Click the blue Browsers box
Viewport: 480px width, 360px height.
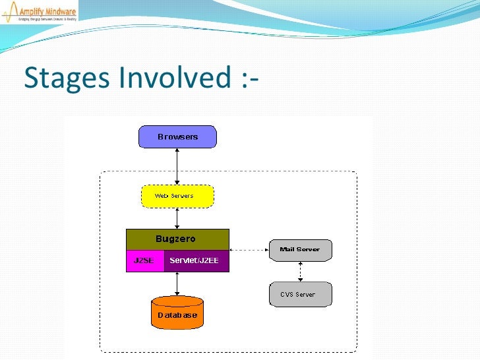tap(177, 137)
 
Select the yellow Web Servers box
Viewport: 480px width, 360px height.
tap(177, 196)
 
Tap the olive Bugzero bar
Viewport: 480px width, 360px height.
tap(177, 239)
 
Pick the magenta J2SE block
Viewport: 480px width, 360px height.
tap(144, 260)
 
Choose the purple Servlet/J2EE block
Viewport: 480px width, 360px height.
tap(196, 260)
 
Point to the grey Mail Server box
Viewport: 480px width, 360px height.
tap(301, 250)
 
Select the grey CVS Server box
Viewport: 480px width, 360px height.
tap(301, 294)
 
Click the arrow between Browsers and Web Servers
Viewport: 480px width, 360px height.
tap(177, 166)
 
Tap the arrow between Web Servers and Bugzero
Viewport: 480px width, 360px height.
tap(177, 218)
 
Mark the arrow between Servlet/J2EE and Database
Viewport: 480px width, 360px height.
tap(177, 283)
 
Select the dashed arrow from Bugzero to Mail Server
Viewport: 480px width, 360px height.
tap(249, 250)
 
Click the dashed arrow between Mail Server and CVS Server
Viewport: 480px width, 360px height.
tap(301, 272)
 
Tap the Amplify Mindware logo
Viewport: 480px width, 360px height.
tap(39, 12)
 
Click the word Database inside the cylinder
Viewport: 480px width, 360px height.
tap(177, 315)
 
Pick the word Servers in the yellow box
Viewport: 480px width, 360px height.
tap(183, 196)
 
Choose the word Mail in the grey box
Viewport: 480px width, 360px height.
tap(288, 249)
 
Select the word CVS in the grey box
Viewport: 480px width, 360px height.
tap(287, 294)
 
